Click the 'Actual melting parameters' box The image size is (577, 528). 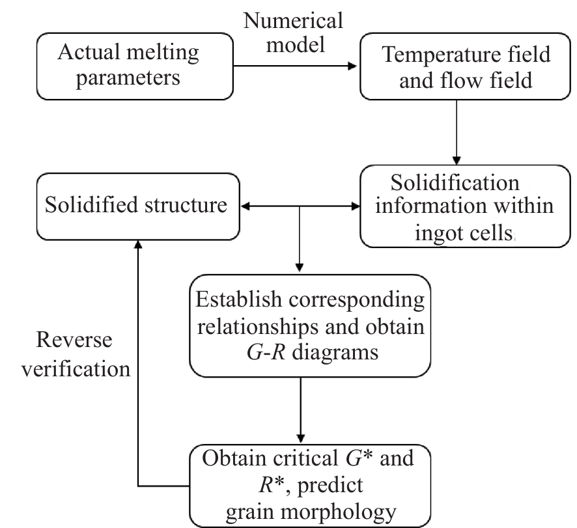135,66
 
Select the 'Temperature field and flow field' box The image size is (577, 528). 465,66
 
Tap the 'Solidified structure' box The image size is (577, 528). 138,206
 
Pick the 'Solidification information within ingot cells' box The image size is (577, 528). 465,206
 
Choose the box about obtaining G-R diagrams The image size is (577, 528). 310,326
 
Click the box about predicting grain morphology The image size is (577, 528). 310,486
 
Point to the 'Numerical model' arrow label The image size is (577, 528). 293,33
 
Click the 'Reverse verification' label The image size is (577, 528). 76,354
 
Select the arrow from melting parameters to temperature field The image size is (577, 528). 296,66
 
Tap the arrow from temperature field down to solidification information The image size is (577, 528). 457,132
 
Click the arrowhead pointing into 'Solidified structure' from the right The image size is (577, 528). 245,206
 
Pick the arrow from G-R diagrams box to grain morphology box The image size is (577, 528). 301,411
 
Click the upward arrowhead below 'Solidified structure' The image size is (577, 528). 138,245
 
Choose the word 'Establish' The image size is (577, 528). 238,299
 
